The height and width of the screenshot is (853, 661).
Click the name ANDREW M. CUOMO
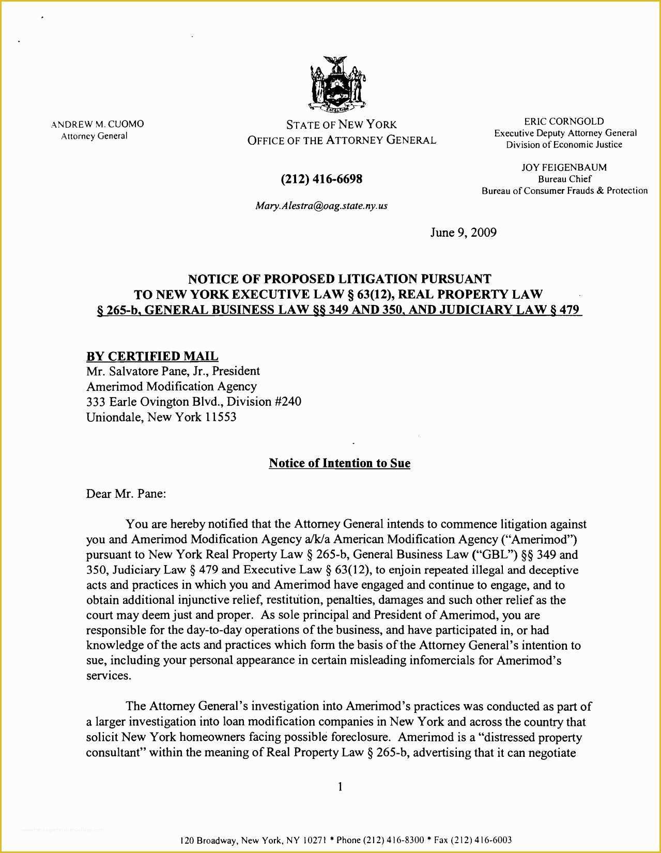pyautogui.click(x=98, y=124)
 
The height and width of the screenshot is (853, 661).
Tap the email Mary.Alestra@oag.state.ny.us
pyautogui.click(x=321, y=206)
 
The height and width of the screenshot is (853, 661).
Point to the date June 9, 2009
pyautogui.click(x=463, y=233)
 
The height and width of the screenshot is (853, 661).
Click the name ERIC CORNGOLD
pyautogui.click(x=564, y=121)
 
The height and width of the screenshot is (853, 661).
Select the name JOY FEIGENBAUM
pyautogui.click(x=564, y=167)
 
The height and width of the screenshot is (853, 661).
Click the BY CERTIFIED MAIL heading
pyautogui.click(x=152, y=356)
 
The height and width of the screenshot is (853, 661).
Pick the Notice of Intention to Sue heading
pyautogui.click(x=340, y=463)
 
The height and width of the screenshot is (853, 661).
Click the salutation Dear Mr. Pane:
pyautogui.click(x=126, y=494)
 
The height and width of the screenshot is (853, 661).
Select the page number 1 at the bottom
pyautogui.click(x=340, y=787)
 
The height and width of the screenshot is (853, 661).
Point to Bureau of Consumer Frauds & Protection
pyautogui.click(x=564, y=191)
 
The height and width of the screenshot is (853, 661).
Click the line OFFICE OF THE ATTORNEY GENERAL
pyautogui.click(x=342, y=141)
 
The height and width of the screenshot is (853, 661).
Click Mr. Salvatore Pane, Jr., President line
pyautogui.click(x=173, y=371)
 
